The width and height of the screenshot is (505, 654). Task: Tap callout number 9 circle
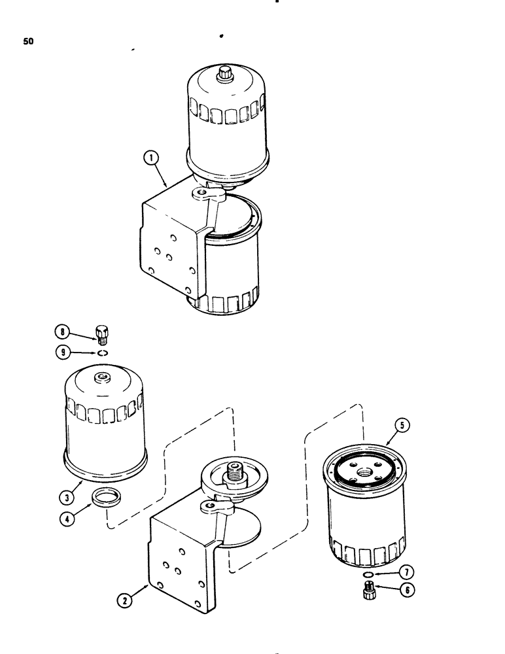click(63, 352)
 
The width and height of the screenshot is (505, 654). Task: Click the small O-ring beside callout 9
click(101, 353)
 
